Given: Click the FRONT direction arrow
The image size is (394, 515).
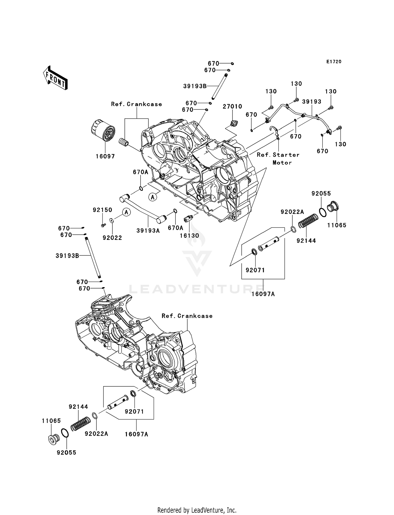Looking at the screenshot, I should [55, 78].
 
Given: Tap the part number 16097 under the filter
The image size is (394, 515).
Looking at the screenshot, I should [105, 156].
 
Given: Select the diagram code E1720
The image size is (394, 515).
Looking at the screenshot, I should [334, 62].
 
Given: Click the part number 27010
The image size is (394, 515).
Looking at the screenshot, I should [232, 106].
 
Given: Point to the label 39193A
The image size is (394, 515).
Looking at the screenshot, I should [148, 230].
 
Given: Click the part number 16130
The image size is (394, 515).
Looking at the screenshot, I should [189, 235].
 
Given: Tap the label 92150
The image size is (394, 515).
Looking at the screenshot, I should [102, 210].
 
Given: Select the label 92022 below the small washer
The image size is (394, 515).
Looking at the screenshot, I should [112, 238].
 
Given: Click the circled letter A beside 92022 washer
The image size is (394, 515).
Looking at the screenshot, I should [126, 212].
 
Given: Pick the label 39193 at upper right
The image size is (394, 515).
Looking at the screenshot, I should [312, 102].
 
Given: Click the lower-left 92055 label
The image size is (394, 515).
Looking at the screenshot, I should [66, 453].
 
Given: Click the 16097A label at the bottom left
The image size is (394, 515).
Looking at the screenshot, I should [136, 434].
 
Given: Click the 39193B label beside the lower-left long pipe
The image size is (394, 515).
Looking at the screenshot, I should [67, 255].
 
